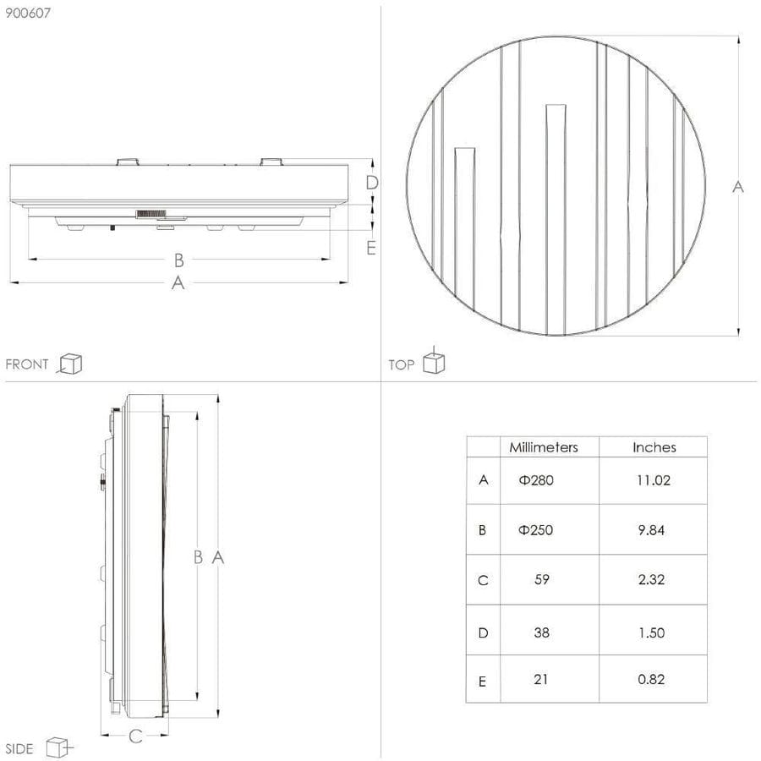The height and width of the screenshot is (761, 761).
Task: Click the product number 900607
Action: pyautogui.click(x=28, y=13)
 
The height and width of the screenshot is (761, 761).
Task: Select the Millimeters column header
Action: pyautogui.click(x=544, y=447)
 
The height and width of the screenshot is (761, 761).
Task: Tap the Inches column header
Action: pyautogui.click(x=654, y=447)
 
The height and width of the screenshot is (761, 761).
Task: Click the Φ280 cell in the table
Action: pyautogui.click(x=536, y=480)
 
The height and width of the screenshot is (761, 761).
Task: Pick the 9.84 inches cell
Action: pyautogui.click(x=651, y=530)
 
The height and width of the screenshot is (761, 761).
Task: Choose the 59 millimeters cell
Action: pyautogui.click(x=542, y=579)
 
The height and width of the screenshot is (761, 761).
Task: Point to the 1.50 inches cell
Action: pyautogui.click(x=651, y=632)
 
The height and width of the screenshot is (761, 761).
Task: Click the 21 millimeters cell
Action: pyautogui.click(x=540, y=679)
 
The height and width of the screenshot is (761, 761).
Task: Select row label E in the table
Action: pyautogui.click(x=482, y=682)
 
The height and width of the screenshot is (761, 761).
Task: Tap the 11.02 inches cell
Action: pyautogui.click(x=654, y=480)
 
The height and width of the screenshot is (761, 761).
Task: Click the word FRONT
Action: pyautogui.click(x=27, y=364)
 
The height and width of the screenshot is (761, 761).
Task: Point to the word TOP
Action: pyautogui.click(x=401, y=364)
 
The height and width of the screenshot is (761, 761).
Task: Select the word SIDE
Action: pyautogui.click(x=19, y=748)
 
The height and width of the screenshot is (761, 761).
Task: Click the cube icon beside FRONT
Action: pyautogui.click(x=70, y=364)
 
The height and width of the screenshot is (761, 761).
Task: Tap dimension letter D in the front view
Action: pyautogui.click(x=371, y=183)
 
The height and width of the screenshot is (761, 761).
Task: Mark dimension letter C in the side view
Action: pyautogui.click(x=135, y=736)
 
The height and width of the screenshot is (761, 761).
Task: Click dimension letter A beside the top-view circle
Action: pyautogui.click(x=737, y=186)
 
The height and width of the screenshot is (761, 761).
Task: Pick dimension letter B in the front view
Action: pyautogui.click(x=178, y=260)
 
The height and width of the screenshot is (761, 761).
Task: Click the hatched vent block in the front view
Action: pyautogui.click(x=151, y=214)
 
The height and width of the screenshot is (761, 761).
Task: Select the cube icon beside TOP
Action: pyautogui.click(x=434, y=362)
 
